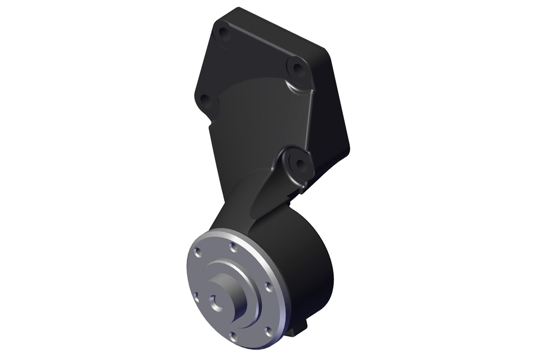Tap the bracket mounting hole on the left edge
(205, 99)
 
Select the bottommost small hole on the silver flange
(233, 337)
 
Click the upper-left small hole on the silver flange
(198, 252)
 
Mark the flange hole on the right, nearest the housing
(268, 285)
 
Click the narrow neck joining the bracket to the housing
(242, 206)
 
